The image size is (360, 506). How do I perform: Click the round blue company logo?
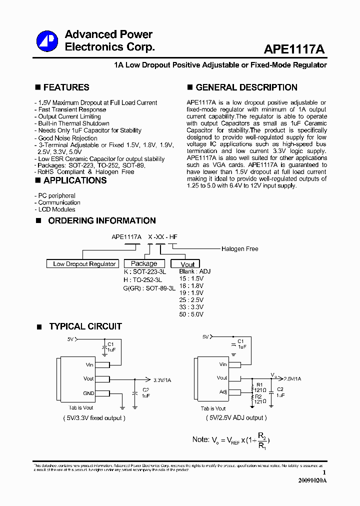[x=48, y=40]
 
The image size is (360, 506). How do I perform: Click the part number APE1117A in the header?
[x=294, y=49]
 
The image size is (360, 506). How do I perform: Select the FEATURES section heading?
[x=66, y=87]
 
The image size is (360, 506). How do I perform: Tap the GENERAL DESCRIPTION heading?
[x=246, y=87]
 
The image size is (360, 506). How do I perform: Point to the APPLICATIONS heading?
[x=74, y=180]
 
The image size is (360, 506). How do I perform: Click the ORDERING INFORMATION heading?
[x=101, y=220]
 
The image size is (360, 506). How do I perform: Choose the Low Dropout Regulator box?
[x=84, y=264]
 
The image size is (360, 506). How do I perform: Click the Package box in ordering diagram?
[x=144, y=263]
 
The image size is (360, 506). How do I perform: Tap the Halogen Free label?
[x=239, y=249]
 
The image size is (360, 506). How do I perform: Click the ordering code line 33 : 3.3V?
[x=191, y=307]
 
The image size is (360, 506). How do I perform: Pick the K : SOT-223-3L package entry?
[x=145, y=271]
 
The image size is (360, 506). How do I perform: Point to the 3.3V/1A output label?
[x=162, y=380]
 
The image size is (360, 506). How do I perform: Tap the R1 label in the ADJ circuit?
[x=259, y=385]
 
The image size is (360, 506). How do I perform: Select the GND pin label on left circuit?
[x=88, y=393]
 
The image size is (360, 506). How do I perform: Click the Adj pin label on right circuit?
[x=223, y=392]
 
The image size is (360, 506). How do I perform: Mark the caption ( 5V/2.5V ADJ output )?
[x=236, y=418]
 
